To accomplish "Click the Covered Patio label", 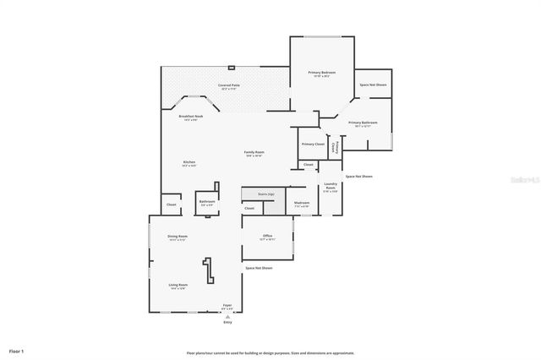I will tap(229, 86).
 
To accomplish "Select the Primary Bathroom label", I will tap(363, 123).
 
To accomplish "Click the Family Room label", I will tap(254, 153).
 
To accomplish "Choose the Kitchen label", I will tap(189, 163).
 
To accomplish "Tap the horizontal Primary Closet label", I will tap(313, 144).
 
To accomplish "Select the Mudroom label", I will tap(302, 203).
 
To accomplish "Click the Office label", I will tap(267, 237).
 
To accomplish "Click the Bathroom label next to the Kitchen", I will tap(207, 202).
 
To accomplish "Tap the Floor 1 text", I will tap(17, 350).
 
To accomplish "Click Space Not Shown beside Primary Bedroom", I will tap(373, 85).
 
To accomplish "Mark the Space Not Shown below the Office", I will tap(259, 268).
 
